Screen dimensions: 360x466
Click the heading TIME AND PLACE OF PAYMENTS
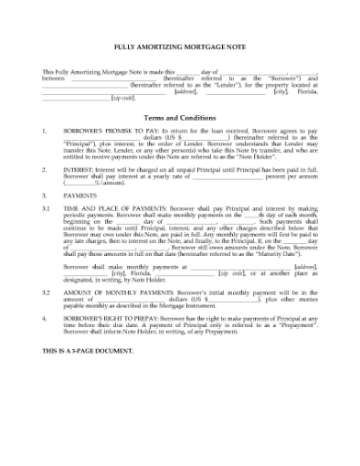coord(122,208)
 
